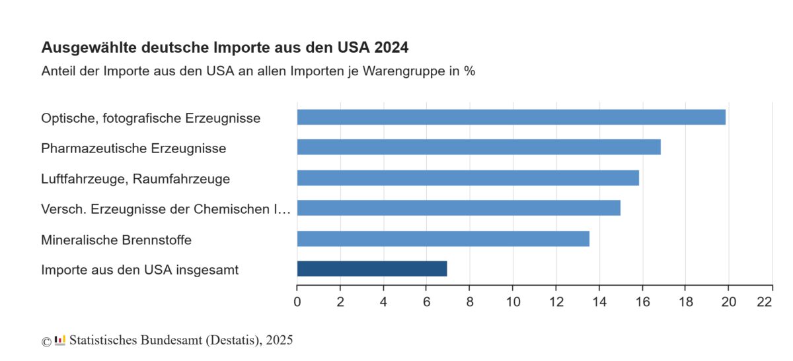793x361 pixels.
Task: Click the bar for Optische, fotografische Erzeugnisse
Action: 511,117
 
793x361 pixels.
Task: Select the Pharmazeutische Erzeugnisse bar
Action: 478,147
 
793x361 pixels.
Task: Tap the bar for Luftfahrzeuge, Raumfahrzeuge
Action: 468,178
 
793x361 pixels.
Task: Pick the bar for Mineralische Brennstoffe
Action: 443,239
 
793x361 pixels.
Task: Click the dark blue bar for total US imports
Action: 372,269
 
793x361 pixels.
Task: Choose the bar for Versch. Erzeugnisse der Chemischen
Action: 459,208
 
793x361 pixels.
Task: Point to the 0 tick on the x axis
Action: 297,302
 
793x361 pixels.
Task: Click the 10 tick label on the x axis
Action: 513,302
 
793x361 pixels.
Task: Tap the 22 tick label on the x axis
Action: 765,302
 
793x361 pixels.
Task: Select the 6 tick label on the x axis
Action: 426,302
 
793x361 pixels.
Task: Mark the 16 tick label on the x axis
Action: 642,302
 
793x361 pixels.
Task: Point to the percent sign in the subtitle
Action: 469,71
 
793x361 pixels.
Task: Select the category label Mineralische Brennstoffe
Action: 116,240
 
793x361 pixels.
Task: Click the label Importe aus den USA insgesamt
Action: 139,269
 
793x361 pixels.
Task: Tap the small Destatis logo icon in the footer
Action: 60,341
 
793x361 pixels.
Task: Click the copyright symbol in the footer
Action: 46,341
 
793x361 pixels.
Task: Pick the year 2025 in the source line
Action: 280,341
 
